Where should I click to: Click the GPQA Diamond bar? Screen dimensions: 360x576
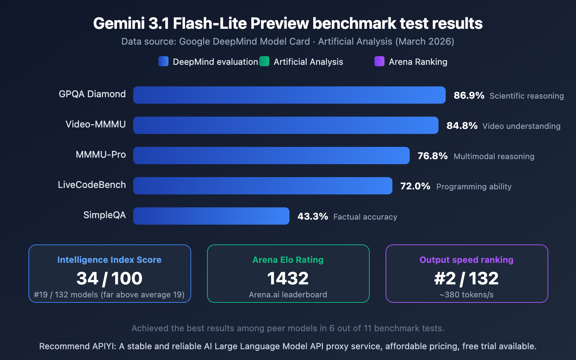(x=289, y=95)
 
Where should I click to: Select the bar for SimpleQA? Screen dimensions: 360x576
(x=211, y=216)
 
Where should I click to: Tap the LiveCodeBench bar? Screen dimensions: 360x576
(x=262, y=186)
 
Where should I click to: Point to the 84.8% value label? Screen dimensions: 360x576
(x=462, y=126)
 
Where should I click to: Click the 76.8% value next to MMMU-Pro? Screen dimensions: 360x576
(x=432, y=156)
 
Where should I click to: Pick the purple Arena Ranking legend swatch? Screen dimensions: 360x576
(x=379, y=61)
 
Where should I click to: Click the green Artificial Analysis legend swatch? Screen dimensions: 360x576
(x=264, y=61)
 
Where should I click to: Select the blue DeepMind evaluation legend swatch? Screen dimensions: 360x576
(x=163, y=61)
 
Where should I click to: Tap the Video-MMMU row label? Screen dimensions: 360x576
(x=95, y=124)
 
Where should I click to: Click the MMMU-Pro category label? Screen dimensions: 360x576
(x=100, y=154)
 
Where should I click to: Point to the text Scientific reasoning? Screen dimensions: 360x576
(x=526, y=96)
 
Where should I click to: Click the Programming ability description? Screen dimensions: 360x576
(x=474, y=186)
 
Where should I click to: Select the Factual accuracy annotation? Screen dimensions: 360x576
(x=365, y=217)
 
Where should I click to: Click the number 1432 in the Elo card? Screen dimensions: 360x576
(x=288, y=278)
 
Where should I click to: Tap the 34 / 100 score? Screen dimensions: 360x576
(x=109, y=278)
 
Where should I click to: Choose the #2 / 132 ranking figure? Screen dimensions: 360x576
(x=467, y=278)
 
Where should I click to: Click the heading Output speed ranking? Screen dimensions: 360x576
(x=467, y=260)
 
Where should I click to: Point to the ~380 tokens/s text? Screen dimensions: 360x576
(x=467, y=294)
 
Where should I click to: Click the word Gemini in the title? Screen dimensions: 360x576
(x=119, y=23)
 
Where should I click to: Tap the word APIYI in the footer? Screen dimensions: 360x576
(x=104, y=346)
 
